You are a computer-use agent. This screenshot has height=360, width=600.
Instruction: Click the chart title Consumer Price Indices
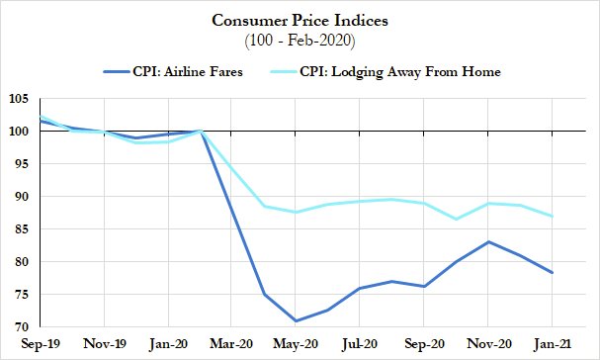[299, 20]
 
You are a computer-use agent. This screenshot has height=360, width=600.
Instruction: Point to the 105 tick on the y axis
[21, 99]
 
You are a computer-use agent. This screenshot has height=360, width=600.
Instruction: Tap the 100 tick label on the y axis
[21, 132]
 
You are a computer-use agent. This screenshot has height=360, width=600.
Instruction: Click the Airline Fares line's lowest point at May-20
[297, 320]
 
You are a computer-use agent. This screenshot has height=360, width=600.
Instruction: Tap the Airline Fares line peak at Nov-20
[488, 241]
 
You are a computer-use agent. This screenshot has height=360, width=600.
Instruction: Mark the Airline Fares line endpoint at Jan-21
[553, 273]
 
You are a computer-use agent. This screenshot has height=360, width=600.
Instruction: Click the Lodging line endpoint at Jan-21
[553, 216]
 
